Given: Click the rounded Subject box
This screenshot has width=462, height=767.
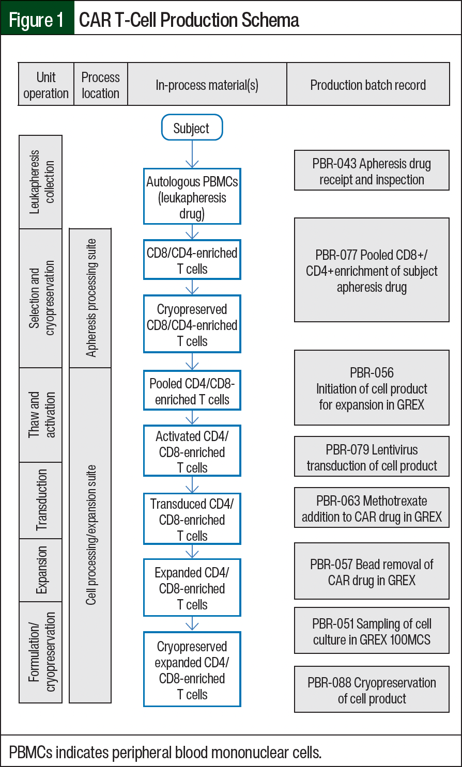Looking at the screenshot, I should coord(192,128).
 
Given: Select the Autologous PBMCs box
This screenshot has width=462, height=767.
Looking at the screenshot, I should coord(192,196).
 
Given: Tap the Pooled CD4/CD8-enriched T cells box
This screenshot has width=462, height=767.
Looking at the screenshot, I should coord(192,390).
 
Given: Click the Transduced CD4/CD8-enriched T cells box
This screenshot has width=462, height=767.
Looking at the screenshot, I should coord(192,519).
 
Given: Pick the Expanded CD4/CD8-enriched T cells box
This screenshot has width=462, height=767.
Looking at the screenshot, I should coord(192,587).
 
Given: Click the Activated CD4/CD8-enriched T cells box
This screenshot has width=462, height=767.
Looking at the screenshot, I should coord(192,451).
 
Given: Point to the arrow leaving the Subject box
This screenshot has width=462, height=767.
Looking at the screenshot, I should coord(192,154).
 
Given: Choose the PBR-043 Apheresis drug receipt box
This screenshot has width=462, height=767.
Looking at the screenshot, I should coord(372,170).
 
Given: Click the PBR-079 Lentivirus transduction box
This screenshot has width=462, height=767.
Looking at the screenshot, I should coord(372,457).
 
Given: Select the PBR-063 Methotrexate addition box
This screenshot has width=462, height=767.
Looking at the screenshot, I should coord(372,508).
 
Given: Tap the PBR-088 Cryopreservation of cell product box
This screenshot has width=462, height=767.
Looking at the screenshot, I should coord(372,690).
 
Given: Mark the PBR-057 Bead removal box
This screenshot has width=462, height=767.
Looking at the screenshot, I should coord(372,571).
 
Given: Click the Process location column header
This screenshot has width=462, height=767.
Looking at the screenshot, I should coord(101,85).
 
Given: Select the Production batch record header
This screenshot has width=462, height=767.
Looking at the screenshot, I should coord(368,85).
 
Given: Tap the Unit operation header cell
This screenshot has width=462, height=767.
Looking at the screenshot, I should coord(46,85).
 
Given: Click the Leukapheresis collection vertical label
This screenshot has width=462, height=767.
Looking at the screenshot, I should coord(41,182).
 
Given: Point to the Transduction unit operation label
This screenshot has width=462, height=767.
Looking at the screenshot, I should coord(41,500).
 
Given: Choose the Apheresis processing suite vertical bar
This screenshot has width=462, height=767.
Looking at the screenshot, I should coord(90,298).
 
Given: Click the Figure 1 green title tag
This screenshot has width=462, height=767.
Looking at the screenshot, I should coord(37,20).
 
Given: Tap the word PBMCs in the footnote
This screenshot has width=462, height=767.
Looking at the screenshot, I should coord(30,752).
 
